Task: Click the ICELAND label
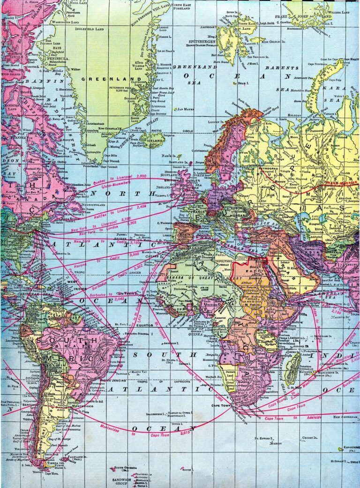pyautogui.click(x=154, y=139)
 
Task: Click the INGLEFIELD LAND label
pyautogui.click(x=96, y=28)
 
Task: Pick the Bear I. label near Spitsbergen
pyautogui.click(x=242, y=83)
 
